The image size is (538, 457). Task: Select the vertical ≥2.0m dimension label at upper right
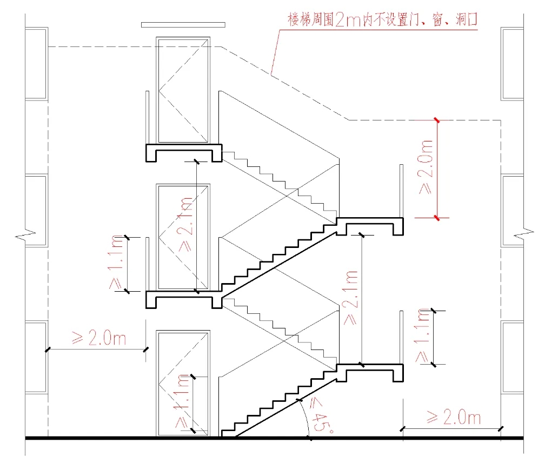(x=427, y=168)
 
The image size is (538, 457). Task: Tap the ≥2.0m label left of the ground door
(x=99, y=339)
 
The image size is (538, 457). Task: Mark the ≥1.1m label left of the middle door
(x=117, y=263)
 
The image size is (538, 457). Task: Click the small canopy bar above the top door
(x=183, y=25)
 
